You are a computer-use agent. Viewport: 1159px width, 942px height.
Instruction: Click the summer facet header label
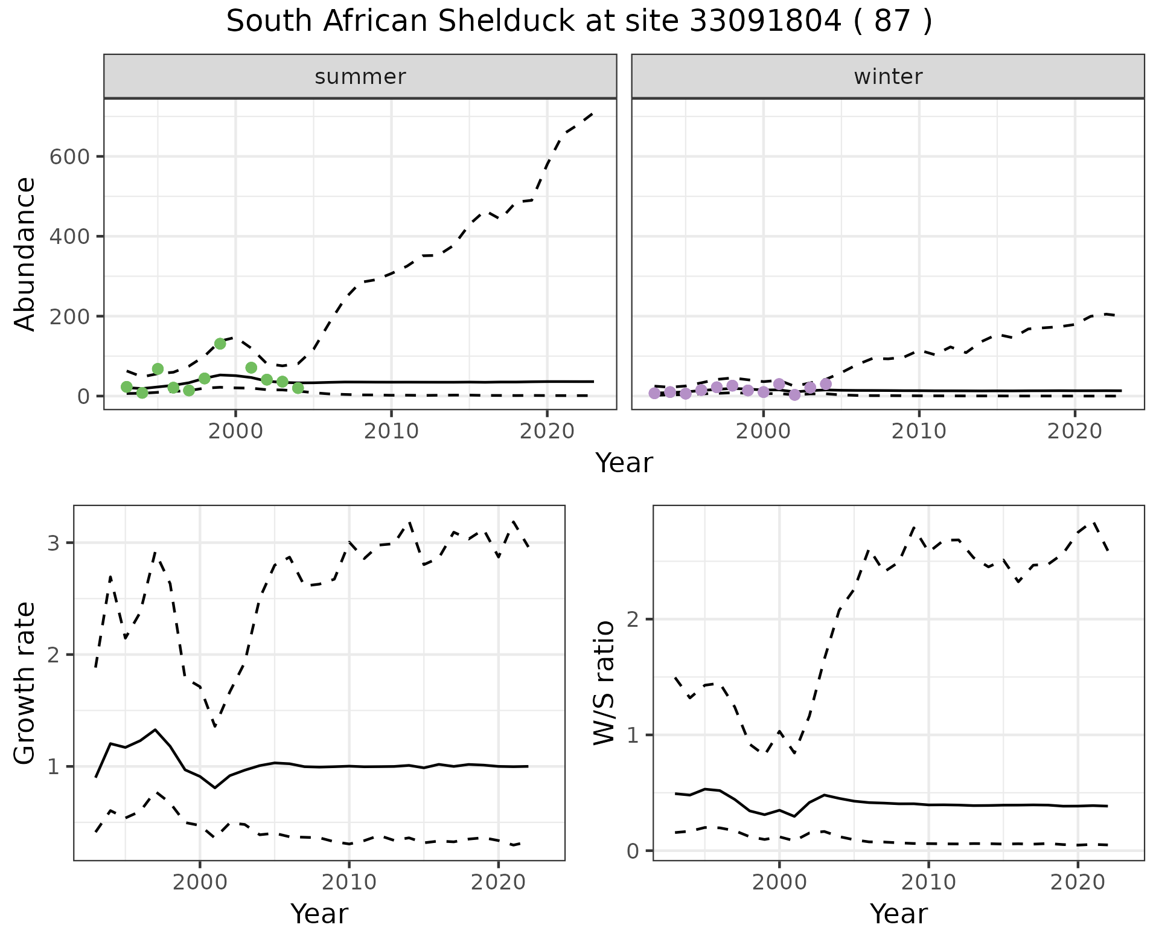[x=360, y=77]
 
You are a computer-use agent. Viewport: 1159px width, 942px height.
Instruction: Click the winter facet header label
[x=888, y=77]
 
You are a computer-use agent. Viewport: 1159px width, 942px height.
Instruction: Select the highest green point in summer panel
[x=220, y=344]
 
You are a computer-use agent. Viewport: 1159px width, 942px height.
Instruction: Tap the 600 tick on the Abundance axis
[x=69, y=157]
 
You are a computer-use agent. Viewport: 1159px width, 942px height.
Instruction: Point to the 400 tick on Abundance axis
[x=69, y=237]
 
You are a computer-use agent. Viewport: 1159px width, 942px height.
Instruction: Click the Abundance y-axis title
[x=25, y=254]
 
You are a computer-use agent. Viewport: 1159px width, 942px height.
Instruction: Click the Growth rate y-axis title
[x=25, y=683]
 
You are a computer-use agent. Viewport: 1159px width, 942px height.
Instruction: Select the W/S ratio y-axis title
[x=604, y=683]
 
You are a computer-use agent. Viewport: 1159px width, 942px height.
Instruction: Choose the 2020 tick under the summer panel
[x=546, y=431]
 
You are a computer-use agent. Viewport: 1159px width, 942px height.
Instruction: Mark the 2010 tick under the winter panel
[x=919, y=431]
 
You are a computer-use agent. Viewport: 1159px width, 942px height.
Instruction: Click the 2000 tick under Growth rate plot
[x=200, y=882]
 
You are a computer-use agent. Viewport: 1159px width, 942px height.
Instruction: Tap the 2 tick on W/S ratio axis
[x=634, y=620]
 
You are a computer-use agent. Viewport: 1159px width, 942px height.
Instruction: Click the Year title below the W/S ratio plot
[x=898, y=914]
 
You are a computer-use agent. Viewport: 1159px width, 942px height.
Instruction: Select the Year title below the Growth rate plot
[x=319, y=914]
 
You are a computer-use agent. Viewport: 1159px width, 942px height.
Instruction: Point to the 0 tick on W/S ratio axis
[x=634, y=851]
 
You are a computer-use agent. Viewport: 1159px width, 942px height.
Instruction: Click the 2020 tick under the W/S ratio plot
[x=1078, y=882]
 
